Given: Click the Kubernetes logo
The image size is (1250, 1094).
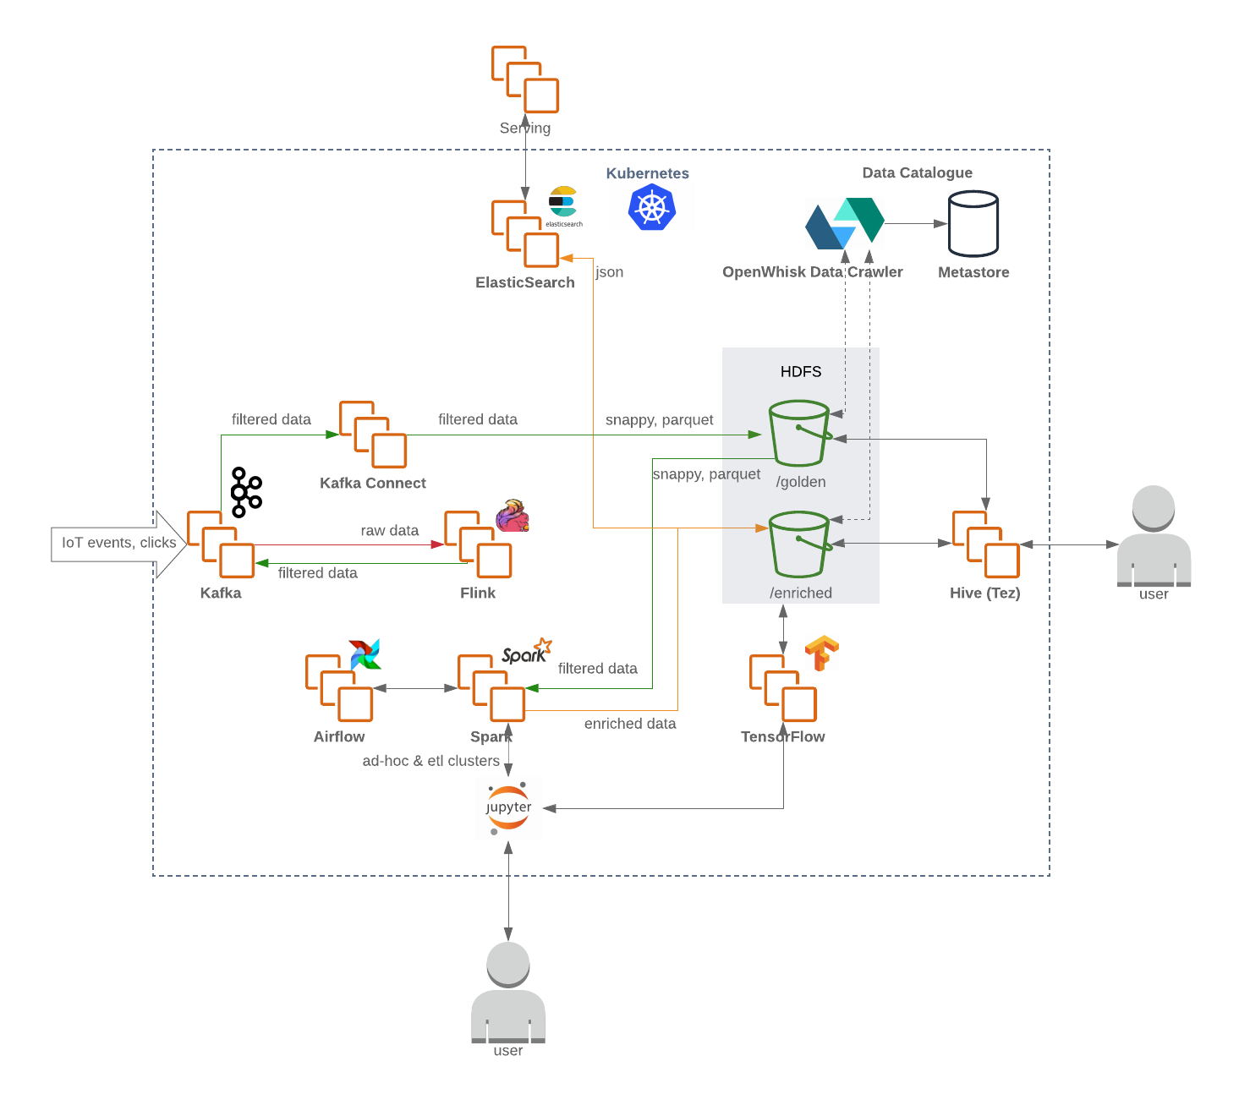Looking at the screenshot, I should point(652,207).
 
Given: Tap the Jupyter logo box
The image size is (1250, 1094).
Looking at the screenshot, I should point(508,808).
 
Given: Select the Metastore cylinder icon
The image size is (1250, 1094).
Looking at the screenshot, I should point(973,223).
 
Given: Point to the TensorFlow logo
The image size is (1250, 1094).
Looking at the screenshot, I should point(821,653).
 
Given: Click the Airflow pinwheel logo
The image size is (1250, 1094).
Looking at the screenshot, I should point(365,654).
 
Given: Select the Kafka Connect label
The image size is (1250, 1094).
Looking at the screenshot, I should point(373,483).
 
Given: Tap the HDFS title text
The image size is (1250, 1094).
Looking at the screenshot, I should point(801,372).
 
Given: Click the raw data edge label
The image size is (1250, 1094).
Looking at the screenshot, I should point(390,531).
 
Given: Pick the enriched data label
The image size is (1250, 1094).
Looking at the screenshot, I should point(630,724).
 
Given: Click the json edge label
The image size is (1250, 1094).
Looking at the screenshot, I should point(610,272).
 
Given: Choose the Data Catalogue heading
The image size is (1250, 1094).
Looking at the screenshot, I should point(917,173).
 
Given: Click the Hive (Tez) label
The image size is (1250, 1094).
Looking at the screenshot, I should point(984,593).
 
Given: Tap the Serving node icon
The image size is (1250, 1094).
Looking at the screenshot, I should point(525,79).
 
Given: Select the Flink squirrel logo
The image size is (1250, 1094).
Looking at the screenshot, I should point(513,517).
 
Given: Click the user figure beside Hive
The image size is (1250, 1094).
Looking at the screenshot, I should point(1154,536).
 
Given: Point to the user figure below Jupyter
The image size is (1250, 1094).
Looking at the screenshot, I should point(508,993).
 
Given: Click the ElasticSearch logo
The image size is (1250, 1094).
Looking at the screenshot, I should point(563,202).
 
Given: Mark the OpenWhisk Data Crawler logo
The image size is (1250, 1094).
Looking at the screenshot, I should point(845,224).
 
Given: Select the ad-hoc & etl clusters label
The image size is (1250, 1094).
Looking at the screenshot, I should point(431,761).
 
